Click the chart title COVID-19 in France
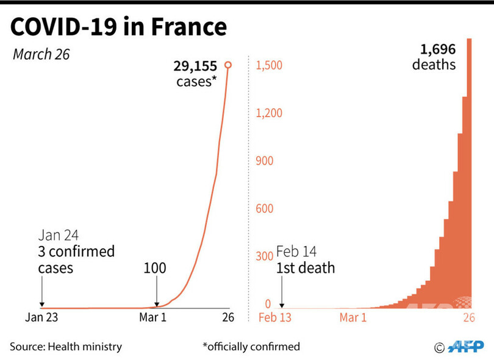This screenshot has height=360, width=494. pos(118,27)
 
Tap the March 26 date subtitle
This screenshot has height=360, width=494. pos(41,54)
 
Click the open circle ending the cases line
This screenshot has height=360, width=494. pos(228,65)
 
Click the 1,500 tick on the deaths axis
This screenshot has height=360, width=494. pos(269,65)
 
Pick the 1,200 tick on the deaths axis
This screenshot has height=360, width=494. pos(269,113)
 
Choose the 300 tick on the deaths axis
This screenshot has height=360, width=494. pos(263,256)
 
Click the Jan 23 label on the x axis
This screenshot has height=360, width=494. pos(41,317)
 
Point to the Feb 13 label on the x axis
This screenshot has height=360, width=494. pos(276,317)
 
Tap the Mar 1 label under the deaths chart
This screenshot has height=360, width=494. pos(354,317)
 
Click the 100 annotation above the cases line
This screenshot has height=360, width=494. pos(155,268)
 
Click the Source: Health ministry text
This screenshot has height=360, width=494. pos(66,347)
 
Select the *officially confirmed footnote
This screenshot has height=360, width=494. pos(251,347)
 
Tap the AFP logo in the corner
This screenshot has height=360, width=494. pos(465,347)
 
